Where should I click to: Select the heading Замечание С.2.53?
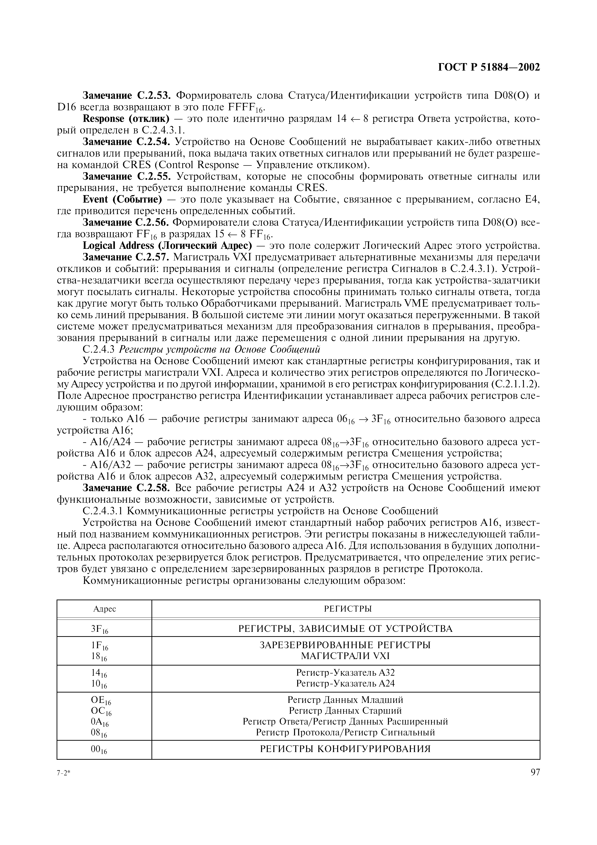pyautogui.click(x=126, y=96)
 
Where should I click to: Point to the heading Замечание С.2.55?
pyautogui.click(x=126, y=177)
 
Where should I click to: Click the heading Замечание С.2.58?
pyautogui.click(x=126, y=488)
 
